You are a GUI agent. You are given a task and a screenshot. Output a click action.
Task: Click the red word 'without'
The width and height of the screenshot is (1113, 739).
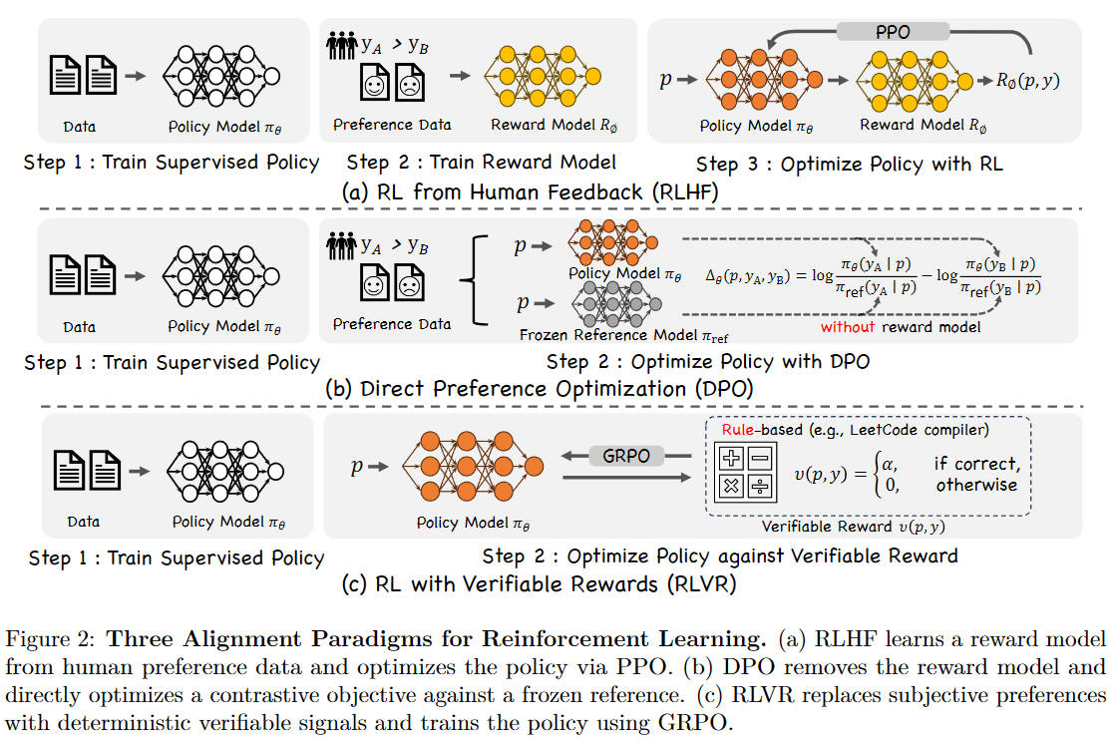(847, 327)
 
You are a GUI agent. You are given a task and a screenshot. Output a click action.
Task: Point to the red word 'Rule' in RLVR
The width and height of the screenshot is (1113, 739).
(739, 430)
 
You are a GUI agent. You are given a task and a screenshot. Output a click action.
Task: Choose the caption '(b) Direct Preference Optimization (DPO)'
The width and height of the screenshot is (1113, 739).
(540, 389)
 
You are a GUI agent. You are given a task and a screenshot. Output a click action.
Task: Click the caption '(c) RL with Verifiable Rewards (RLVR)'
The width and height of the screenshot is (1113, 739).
(540, 583)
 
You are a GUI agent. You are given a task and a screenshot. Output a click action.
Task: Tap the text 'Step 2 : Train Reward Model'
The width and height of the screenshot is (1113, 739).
(482, 162)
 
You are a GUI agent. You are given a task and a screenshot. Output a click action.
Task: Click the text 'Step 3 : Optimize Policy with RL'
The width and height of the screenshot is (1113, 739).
(849, 163)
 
